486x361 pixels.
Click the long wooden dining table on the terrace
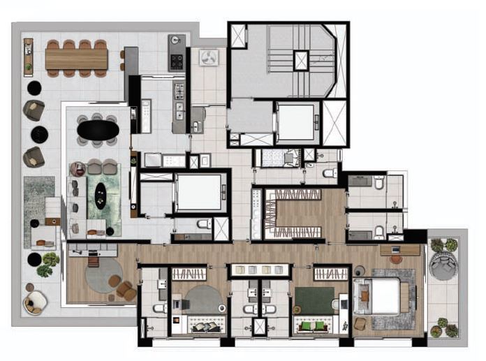click(76, 59)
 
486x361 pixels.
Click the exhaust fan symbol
click(207, 60)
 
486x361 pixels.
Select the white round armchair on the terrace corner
click(34, 302)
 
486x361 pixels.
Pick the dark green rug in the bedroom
click(314, 300)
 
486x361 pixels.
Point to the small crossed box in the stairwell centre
click(301, 60)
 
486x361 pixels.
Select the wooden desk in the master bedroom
click(400, 250)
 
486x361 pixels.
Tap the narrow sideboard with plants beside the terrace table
click(28, 57)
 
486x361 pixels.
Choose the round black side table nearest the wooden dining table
click(34, 87)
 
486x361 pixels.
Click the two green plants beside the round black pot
click(49, 264)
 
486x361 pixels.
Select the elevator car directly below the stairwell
click(296, 123)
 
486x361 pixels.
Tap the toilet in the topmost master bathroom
click(379, 183)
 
